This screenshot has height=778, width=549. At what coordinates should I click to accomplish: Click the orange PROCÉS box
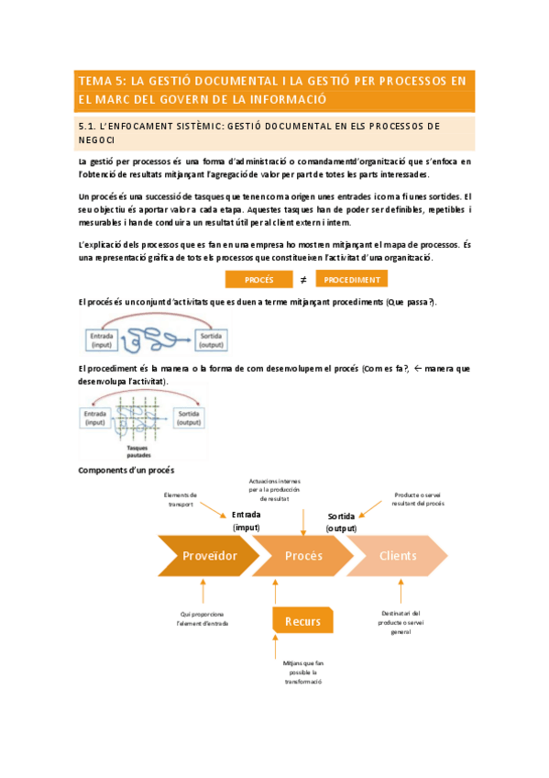click(x=259, y=280)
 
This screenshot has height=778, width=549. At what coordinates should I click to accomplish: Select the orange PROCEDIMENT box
click(x=353, y=280)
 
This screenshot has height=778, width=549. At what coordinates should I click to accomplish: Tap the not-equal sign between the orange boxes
click(x=303, y=280)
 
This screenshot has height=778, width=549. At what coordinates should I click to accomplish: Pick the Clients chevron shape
click(x=397, y=556)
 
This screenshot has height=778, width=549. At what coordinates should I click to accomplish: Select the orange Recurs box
click(x=302, y=621)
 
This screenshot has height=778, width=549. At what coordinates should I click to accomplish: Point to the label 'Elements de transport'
click(x=181, y=499)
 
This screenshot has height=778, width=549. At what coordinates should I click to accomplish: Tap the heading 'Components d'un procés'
click(x=126, y=470)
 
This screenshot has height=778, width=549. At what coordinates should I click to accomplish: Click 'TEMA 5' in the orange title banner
click(x=103, y=81)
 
